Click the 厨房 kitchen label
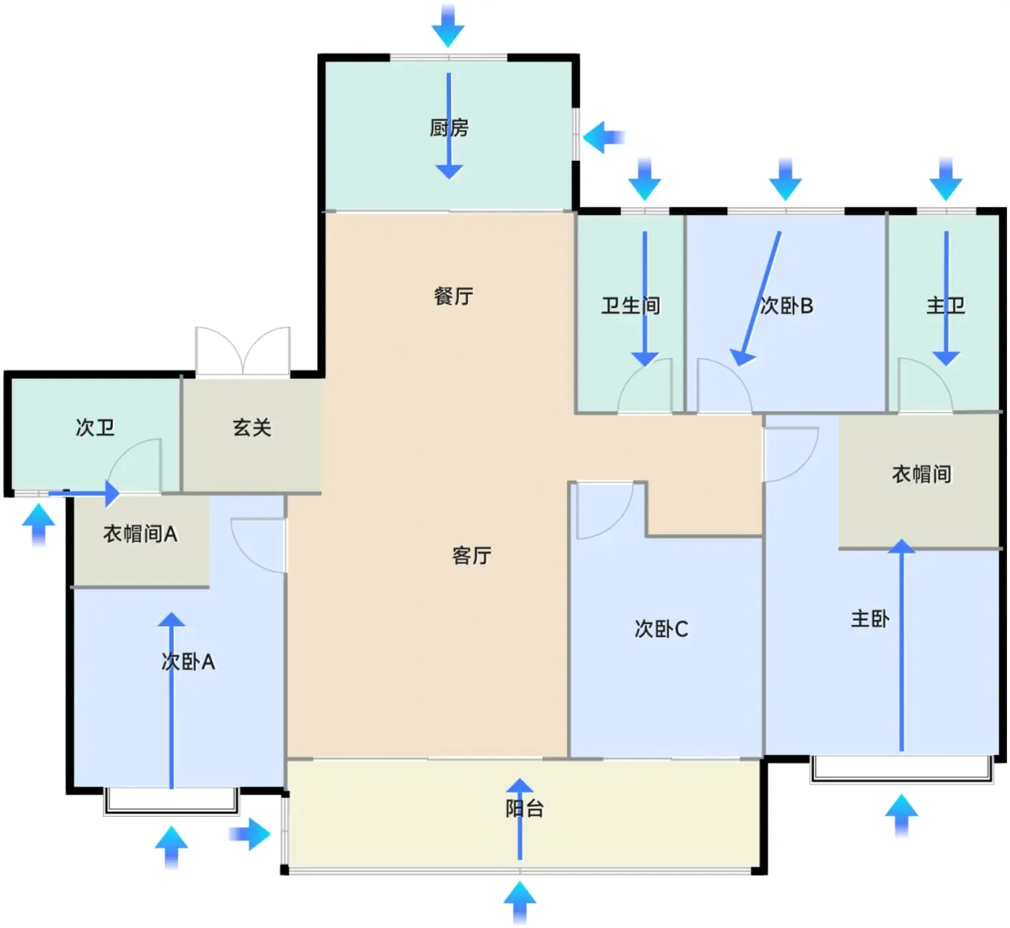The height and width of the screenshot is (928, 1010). click(449, 128)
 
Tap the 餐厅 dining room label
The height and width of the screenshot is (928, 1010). click(453, 296)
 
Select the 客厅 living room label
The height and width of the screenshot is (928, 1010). click(471, 555)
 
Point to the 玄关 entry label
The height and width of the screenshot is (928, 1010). click(252, 427)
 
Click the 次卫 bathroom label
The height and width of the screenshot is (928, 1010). click(95, 427)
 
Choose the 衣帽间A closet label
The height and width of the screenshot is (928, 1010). click(140, 534)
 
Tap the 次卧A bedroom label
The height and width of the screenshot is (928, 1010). click(188, 661)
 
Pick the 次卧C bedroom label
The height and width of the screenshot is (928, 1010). click(661, 629)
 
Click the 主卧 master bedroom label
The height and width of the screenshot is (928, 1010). click(870, 618)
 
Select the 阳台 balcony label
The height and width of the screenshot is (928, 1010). click(524, 808)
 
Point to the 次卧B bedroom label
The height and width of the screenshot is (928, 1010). click(786, 306)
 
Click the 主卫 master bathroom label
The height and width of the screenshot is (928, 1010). click(945, 306)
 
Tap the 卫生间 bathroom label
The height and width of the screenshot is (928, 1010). click(631, 306)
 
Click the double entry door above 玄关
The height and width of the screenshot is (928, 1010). click(243, 351)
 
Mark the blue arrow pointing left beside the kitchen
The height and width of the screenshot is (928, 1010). click(603, 137)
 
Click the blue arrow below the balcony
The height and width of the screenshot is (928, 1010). click(519, 902)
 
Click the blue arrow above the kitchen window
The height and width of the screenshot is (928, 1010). click(448, 26)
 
